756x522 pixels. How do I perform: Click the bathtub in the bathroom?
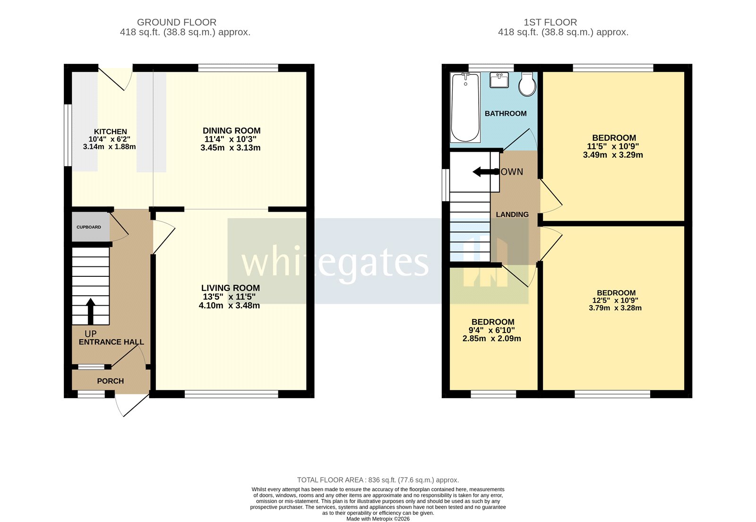point(465,108)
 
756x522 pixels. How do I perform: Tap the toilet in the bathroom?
point(527,85)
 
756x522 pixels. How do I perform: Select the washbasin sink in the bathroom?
point(499,80)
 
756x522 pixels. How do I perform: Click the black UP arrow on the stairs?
point(90,311)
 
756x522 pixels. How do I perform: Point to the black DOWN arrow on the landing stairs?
point(483,172)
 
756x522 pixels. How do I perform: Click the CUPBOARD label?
point(89,227)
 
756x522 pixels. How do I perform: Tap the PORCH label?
point(111,381)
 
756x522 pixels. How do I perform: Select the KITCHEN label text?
point(110,132)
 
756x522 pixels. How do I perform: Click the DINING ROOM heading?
point(232,131)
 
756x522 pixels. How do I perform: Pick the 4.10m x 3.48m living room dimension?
point(229,306)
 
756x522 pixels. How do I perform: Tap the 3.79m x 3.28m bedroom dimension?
point(615,308)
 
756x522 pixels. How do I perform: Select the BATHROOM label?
point(506,114)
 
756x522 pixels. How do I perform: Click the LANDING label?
point(512,214)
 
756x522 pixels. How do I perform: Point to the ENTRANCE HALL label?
point(111,342)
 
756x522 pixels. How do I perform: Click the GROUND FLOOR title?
point(177,22)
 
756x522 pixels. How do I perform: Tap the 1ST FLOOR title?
point(550,22)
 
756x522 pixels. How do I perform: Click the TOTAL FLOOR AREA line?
point(378,480)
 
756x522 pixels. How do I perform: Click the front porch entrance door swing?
point(129,404)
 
